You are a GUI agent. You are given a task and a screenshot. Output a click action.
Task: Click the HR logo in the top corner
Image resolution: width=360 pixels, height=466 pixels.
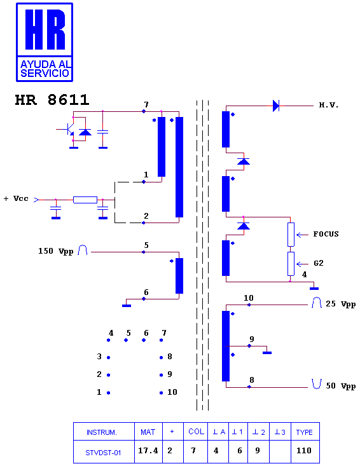click(x=45, y=42)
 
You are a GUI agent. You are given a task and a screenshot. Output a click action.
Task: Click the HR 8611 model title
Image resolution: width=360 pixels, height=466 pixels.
click(x=52, y=100)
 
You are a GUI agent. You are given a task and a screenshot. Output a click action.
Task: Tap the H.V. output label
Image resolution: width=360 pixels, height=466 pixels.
click(x=329, y=105)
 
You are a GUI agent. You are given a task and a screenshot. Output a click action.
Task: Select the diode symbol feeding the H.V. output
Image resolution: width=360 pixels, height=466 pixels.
click(x=276, y=106)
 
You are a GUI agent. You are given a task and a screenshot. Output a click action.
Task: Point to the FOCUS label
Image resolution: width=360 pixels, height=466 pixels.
click(x=326, y=234)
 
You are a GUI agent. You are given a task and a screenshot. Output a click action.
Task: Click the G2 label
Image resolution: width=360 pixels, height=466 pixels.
click(x=319, y=263)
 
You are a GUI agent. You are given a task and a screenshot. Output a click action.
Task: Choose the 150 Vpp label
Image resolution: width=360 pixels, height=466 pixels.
click(x=55, y=251)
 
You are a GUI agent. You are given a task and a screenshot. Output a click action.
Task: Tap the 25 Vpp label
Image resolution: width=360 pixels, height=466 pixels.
click(x=341, y=304)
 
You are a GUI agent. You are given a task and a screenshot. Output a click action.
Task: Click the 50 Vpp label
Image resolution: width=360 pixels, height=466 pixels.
click(x=341, y=386)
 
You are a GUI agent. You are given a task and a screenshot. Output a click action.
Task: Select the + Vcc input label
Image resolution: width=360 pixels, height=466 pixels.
click(x=16, y=198)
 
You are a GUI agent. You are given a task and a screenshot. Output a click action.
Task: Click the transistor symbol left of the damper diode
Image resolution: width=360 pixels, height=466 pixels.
click(x=69, y=129)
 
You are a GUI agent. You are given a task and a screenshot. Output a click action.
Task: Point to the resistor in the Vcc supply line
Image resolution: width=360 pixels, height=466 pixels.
click(x=85, y=200)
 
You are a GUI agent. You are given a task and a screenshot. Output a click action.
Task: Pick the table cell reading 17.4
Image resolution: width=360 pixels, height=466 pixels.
click(x=148, y=451)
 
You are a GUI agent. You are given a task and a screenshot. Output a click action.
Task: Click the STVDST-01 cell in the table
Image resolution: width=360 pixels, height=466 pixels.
click(x=103, y=453)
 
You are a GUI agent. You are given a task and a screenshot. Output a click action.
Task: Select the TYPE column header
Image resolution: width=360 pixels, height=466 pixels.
click(x=304, y=432)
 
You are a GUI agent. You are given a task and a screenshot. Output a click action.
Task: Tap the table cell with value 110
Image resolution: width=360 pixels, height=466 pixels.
click(x=304, y=451)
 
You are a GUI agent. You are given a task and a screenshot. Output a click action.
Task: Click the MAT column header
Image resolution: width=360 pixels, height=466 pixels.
click(x=148, y=432)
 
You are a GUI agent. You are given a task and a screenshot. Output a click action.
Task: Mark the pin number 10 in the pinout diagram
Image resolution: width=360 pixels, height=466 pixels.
click(x=172, y=392)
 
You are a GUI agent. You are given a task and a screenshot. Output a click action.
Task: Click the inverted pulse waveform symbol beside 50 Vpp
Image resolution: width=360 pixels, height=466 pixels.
click(x=317, y=384)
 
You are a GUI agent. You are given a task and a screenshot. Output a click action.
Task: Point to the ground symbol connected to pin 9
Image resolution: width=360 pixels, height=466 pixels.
click(x=267, y=353)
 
